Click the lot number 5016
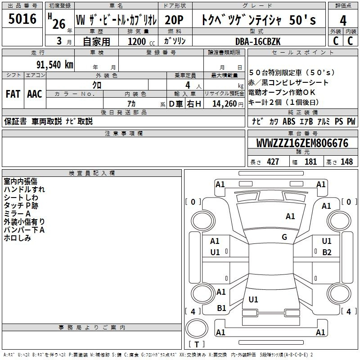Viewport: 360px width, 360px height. tap(22, 18)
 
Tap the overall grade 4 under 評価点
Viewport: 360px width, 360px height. tap(343, 21)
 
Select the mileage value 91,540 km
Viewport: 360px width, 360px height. tap(55, 65)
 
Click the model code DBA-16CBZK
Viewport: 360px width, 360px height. tap(258, 41)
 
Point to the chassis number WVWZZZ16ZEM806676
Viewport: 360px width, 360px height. tap(302, 143)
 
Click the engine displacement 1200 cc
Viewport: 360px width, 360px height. tap(141, 41)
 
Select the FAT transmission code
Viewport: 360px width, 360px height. tap(13, 94)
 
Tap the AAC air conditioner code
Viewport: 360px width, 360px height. tap(35, 94)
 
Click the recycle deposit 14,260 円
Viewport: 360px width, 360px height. tap(228, 104)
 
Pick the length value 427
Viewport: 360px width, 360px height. tap(273, 162)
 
